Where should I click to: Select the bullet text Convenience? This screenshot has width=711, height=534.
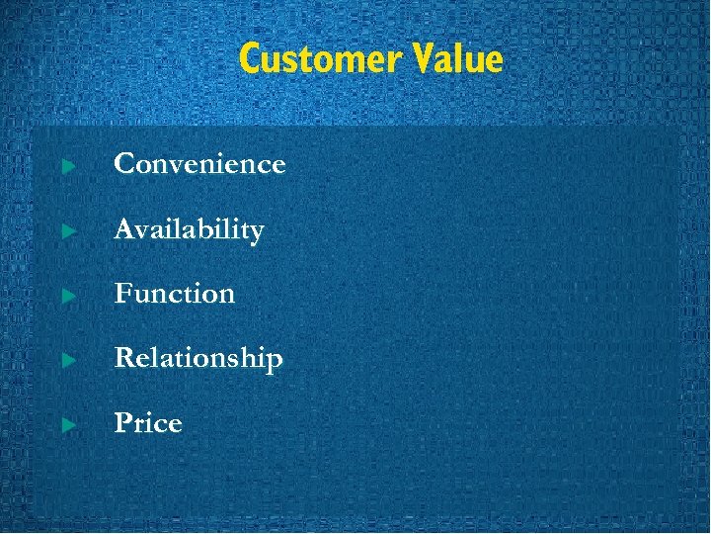(x=199, y=164)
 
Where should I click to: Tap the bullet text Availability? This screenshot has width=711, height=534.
(x=189, y=230)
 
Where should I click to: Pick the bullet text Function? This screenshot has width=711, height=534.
(x=175, y=294)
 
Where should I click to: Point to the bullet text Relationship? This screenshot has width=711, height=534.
(x=198, y=358)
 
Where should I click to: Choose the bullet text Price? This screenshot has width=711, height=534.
(x=148, y=423)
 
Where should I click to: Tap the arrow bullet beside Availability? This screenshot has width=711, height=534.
(x=68, y=231)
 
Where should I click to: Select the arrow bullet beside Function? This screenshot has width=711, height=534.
(x=68, y=296)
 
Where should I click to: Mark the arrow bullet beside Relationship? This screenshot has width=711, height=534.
(x=68, y=360)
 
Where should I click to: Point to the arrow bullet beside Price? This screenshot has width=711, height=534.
(x=68, y=425)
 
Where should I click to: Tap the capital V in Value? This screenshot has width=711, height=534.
(x=418, y=59)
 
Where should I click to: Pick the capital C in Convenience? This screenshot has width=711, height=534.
(x=125, y=164)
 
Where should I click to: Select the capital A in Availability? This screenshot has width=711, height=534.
(x=125, y=229)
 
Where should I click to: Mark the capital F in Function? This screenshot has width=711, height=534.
(x=123, y=294)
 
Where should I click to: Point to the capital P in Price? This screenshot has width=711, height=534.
(x=123, y=423)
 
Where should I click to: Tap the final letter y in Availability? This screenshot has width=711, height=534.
(x=257, y=234)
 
